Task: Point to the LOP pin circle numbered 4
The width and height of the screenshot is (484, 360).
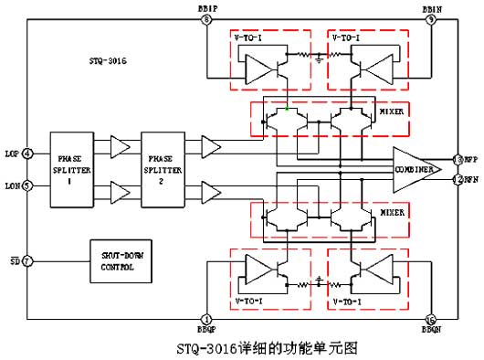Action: coord(27,153)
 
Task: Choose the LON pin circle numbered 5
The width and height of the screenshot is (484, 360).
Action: coord(27,185)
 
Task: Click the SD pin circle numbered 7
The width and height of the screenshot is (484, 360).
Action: coord(27,260)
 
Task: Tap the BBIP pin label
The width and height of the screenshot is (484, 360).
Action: coord(206,7)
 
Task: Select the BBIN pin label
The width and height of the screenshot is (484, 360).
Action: coord(431,7)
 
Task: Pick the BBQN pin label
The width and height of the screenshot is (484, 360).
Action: coord(431,330)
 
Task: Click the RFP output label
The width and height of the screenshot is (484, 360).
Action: coord(471,158)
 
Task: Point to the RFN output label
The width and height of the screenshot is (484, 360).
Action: coord(471,179)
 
